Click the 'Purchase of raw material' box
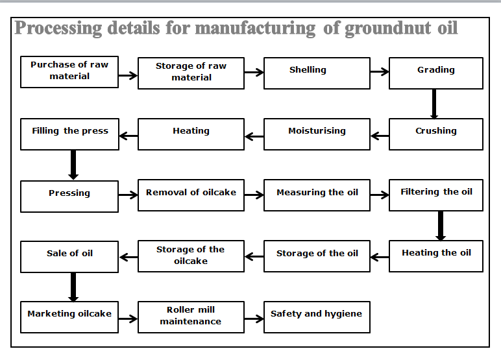point(69,72)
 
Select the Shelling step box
point(317,73)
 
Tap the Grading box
point(435,73)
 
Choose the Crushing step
point(435,134)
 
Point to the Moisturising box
point(317,134)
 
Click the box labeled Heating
point(191,134)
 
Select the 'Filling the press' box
point(69,134)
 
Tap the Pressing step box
point(69,196)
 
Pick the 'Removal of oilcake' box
point(191,196)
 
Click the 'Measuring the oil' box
point(317,196)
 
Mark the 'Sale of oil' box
point(69,257)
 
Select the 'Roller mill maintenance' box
point(191,317)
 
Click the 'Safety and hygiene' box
point(317,317)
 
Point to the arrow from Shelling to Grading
point(379,73)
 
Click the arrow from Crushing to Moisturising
point(380,136)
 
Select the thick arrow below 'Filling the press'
point(73,165)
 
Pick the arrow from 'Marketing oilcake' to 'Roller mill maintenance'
point(128,318)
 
